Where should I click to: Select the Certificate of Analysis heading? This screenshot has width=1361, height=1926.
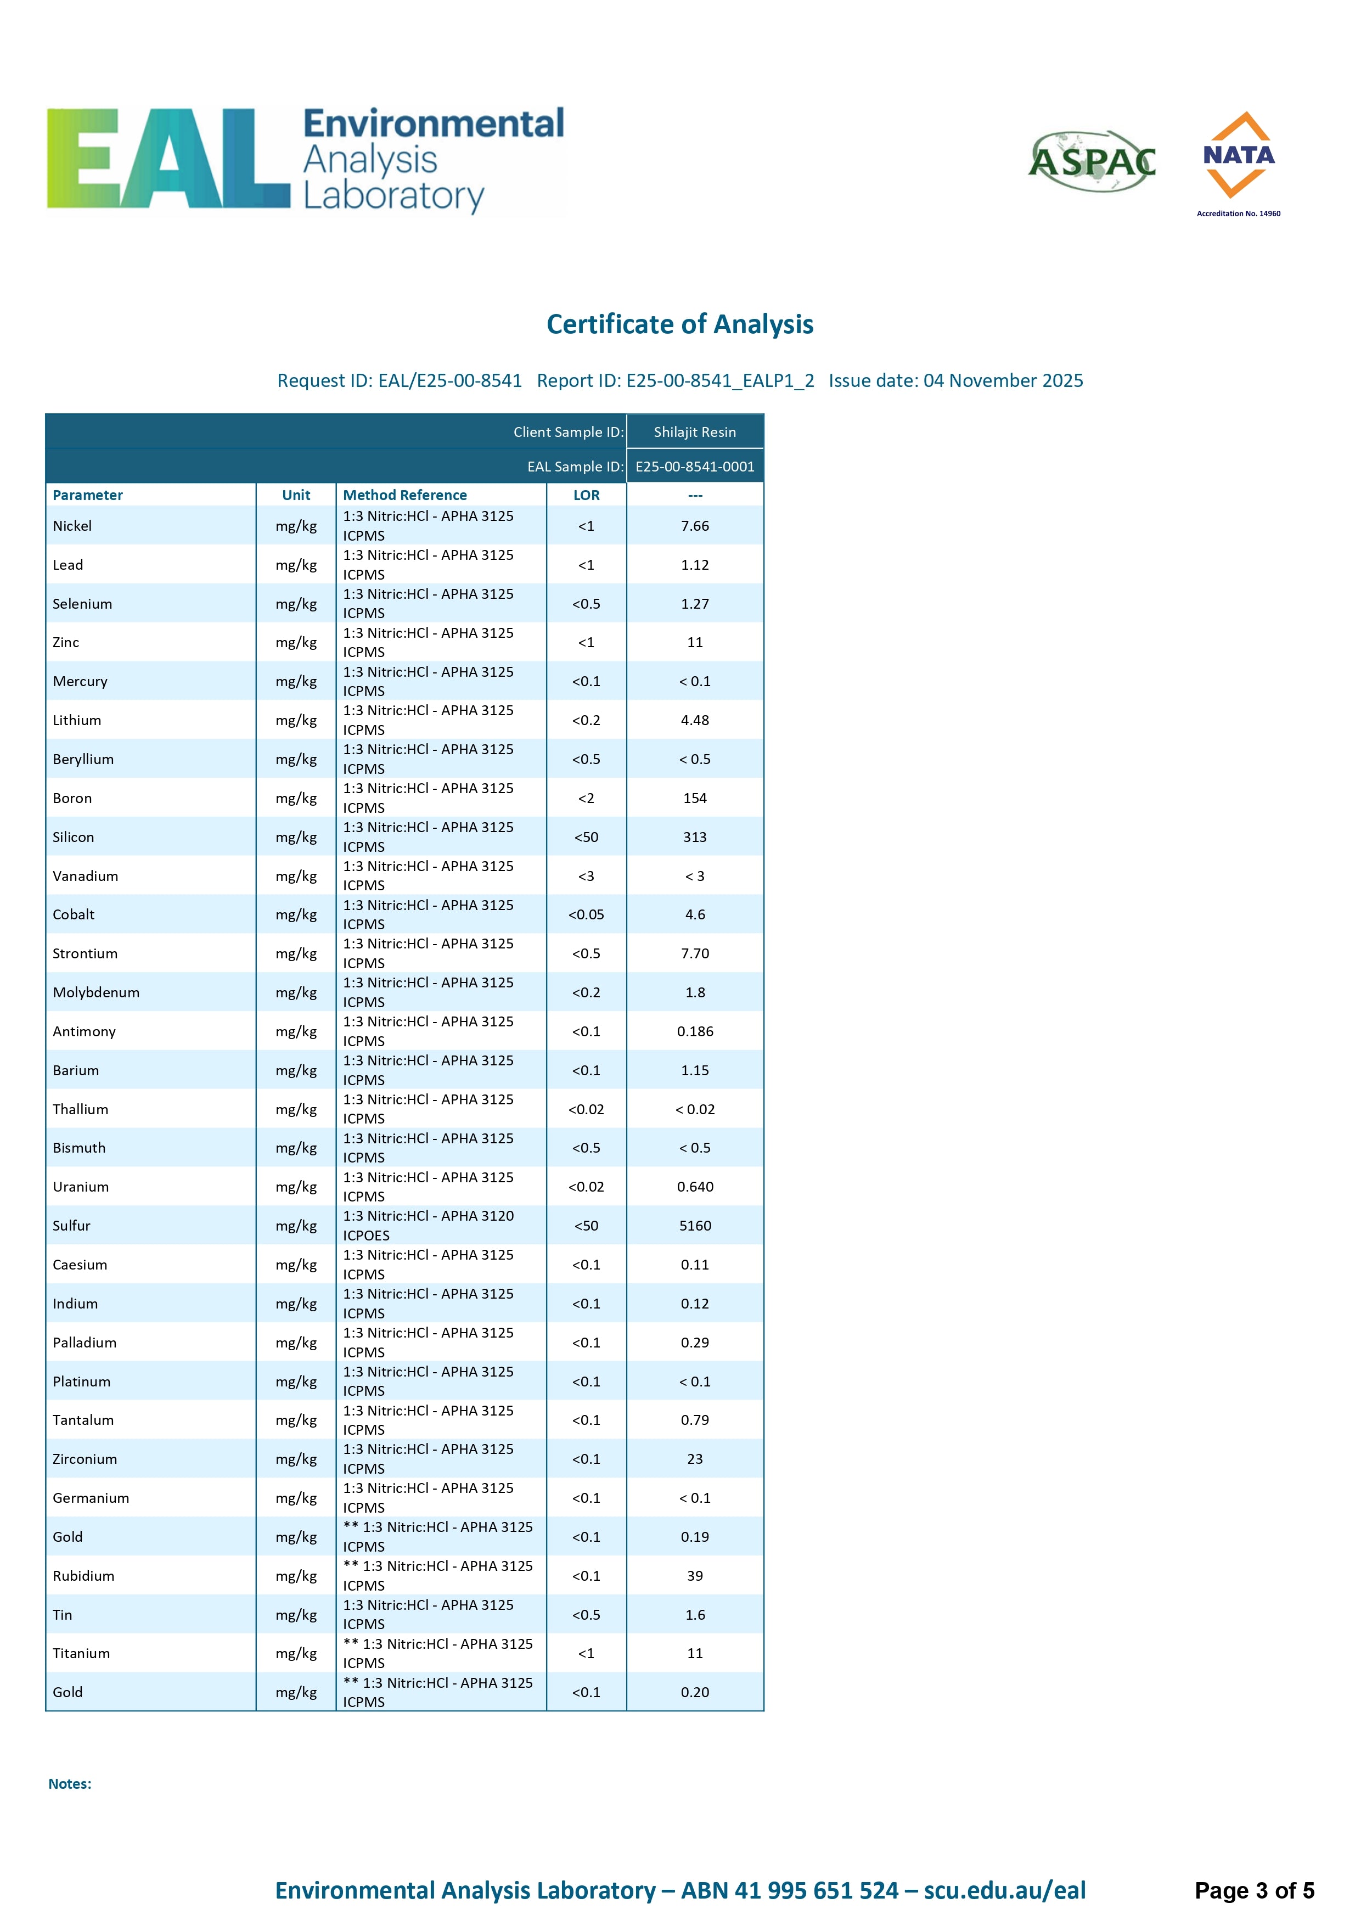pyautogui.click(x=679, y=324)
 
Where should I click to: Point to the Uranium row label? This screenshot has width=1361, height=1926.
pyautogui.click(x=81, y=1187)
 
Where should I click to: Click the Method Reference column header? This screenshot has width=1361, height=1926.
pyautogui.click(x=405, y=495)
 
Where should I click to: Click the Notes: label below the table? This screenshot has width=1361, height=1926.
pyautogui.click(x=70, y=1784)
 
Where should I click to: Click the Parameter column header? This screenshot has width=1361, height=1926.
pyautogui.click(x=87, y=495)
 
